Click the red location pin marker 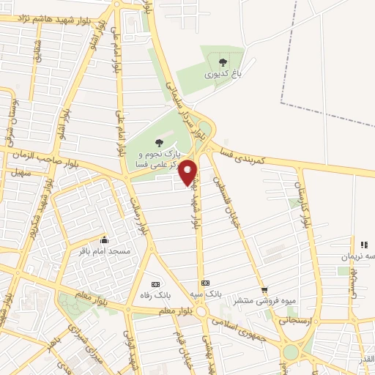point(187,171)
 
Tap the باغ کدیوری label point(223,73)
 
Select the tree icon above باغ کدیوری point(223,62)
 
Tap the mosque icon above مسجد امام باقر point(105,240)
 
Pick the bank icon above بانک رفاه point(155,283)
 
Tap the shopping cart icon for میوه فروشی point(264,289)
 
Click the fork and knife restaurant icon point(362,245)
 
